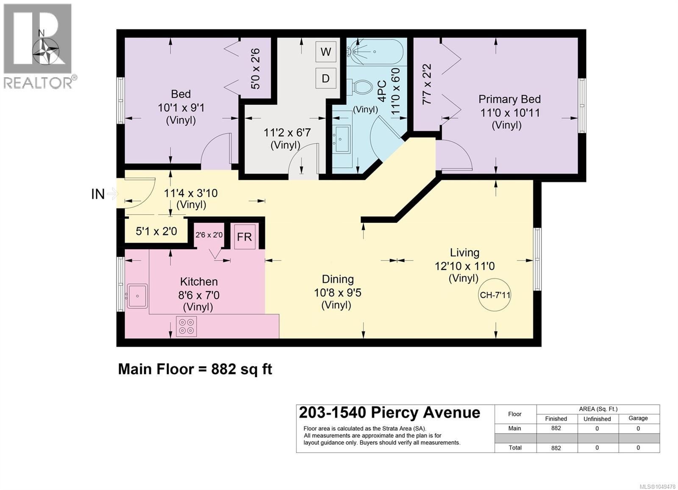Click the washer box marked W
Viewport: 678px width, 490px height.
pos(326,52)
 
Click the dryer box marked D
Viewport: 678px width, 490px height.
pos(326,78)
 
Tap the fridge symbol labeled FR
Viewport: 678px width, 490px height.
pos(244,236)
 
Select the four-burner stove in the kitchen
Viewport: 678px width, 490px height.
pos(186,326)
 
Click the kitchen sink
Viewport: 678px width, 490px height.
pos(137,295)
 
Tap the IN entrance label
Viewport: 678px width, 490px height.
pos(98,194)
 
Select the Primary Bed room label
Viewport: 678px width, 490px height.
pos(509,99)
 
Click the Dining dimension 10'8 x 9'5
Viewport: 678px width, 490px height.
pos(338,293)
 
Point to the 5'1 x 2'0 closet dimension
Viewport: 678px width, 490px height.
pos(156,232)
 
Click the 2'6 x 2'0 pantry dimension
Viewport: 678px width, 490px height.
pos(209,235)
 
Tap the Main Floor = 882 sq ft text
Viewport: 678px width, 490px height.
pos(195,369)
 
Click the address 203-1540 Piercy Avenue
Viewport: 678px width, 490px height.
pos(389,412)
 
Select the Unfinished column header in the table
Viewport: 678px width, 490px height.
pos(597,419)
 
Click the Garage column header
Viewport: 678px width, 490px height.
pos(638,418)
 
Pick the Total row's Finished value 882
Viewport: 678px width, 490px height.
pos(556,448)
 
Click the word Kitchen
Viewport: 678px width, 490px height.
pos(199,282)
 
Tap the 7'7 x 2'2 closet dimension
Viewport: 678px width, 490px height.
pos(427,84)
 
